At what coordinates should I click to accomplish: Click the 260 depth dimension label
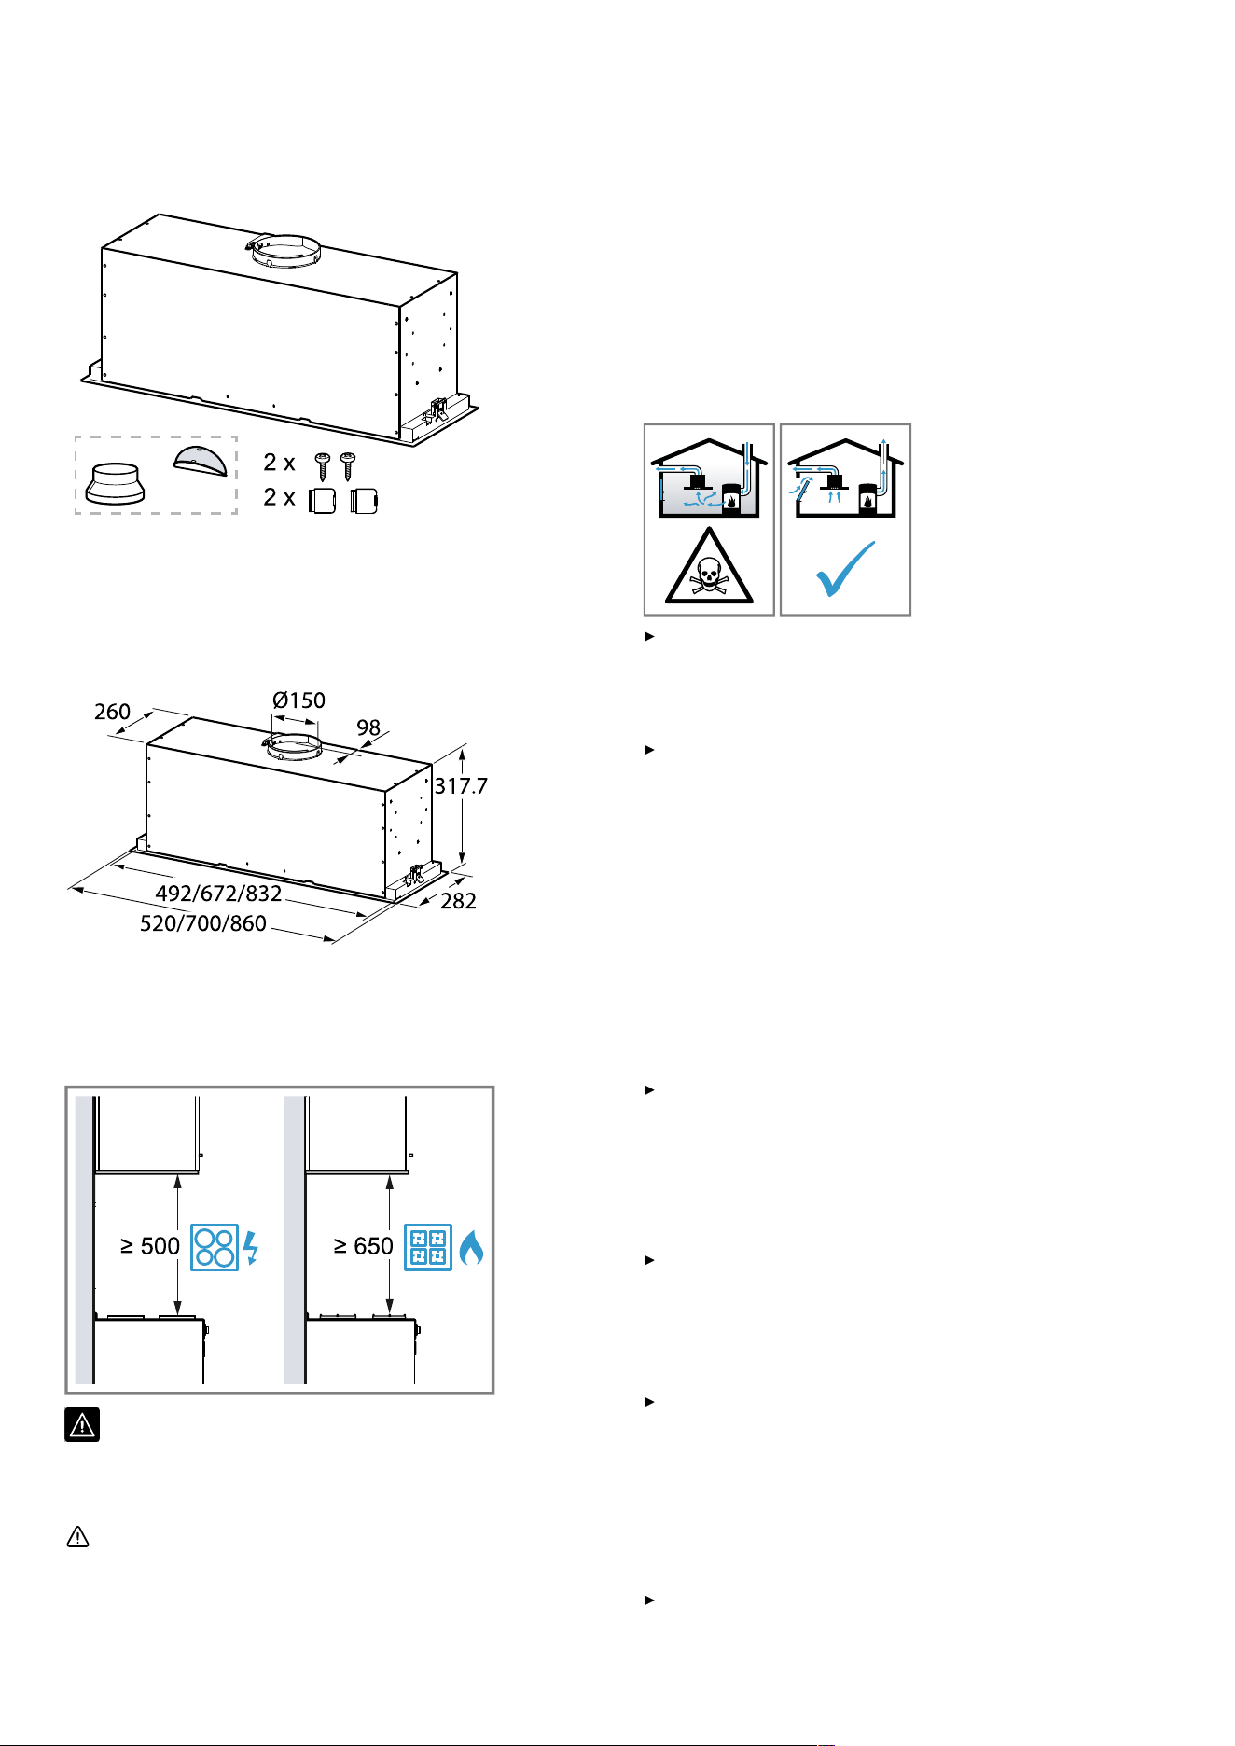[x=112, y=712]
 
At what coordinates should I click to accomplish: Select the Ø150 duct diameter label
[x=298, y=700]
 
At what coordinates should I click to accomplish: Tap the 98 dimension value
[x=368, y=727]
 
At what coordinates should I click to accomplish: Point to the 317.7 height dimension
[x=461, y=786]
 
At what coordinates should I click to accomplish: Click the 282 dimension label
[x=458, y=901]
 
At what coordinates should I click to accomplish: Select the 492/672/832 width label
[x=218, y=894]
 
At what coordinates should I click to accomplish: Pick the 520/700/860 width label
[x=203, y=923]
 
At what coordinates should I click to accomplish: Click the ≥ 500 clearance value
[x=150, y=1246]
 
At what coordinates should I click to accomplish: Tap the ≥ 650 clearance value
[x=364, y=1246]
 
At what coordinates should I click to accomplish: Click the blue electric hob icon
[x=215, y=1247]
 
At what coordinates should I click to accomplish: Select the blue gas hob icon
[x=428, y=1247]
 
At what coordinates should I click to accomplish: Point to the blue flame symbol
[x=472, y=1247]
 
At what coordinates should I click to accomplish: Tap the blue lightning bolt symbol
[x=250, y=1248]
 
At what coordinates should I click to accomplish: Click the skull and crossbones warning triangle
[x=709, y=567]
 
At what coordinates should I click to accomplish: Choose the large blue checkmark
[x=846, y=568]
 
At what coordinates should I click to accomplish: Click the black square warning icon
[x=82, y=1424]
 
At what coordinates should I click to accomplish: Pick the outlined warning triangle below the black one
[x=78, y=1537]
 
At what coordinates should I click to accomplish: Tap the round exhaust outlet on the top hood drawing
[x=284, y=249]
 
